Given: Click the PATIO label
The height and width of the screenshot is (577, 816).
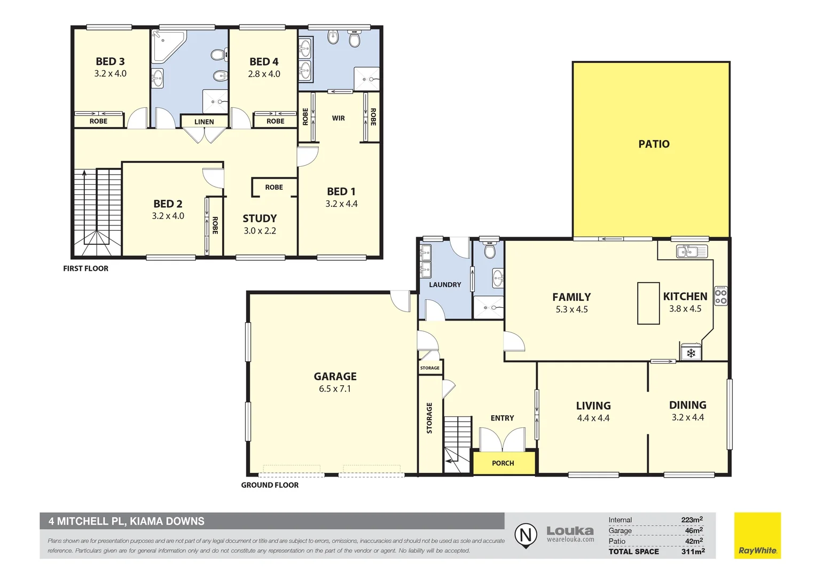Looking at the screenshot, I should pos(654,144).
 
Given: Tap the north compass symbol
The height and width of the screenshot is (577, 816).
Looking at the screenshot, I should pos(525,535).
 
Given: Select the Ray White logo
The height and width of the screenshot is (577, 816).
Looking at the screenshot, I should pos(757,536).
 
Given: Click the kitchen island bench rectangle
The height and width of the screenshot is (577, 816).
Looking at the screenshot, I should pos(648,303).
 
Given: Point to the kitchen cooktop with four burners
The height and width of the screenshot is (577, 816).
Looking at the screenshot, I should pos(720,297).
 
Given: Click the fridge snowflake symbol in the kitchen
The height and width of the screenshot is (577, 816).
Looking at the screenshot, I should pos(691,353).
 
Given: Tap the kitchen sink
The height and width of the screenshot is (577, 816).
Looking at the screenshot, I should pos(692,251).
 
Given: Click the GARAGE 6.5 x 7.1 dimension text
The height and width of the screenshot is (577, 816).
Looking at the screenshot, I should pos(335,389).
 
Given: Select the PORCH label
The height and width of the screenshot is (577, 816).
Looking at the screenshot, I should pos(503,463).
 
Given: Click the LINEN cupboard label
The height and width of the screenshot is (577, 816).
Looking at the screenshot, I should pos(204,122).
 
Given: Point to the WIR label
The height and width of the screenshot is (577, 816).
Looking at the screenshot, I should pos(339,118).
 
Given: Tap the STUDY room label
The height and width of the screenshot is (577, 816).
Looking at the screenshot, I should pos(260,219).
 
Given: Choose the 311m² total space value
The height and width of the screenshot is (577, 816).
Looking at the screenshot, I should pos(693,551).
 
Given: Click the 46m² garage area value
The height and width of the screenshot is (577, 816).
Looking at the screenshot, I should pos(694,531).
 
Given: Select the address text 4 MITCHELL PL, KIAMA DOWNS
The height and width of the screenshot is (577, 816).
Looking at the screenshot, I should pos(127,521).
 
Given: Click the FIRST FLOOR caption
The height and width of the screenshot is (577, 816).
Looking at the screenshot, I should pos(85,269).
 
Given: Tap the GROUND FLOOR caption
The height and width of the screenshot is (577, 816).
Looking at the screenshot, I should pos(270,485).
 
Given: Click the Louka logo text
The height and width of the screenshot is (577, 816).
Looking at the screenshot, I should pos(570,531).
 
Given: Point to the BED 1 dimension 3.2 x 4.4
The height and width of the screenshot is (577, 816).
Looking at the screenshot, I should pos(341,204).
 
